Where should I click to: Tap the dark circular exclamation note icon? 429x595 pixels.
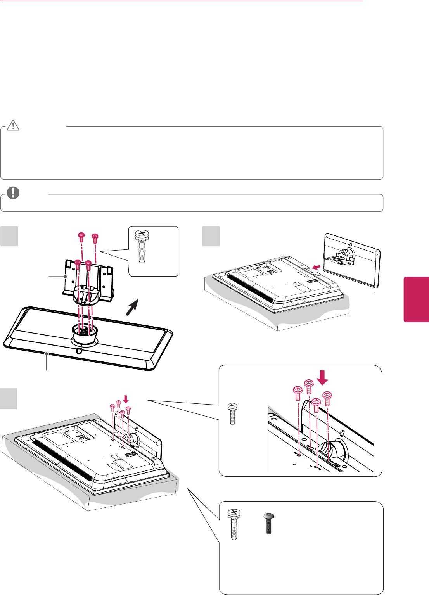(x=13, y=193)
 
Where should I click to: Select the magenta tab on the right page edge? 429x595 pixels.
(x=416, y=299)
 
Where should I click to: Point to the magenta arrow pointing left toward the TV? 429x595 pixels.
(x=317, y=266)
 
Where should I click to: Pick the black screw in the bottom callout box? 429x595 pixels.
(x=268, y=523)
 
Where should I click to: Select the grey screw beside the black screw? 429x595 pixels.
(x=234, y=524)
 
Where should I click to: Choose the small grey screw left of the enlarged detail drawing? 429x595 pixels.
(x=232, y=414)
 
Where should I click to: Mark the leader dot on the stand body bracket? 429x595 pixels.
(x=66, y=276)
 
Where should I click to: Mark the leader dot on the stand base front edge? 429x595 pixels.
(x=47, y=353)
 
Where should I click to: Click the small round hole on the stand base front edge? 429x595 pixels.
(x=79, y=351)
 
